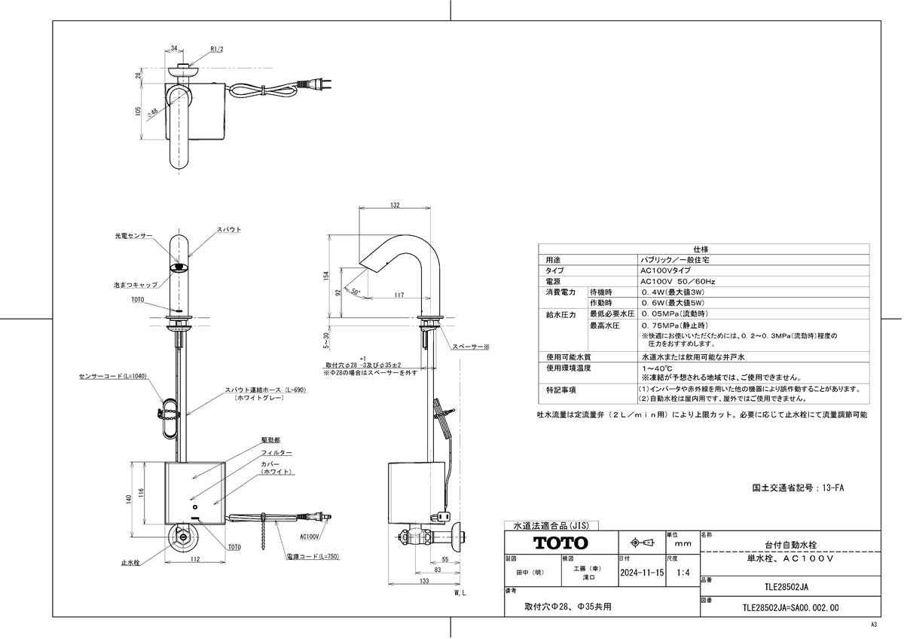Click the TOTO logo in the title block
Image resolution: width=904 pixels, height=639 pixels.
[560, 543]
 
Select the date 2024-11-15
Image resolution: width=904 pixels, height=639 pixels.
[641, 573]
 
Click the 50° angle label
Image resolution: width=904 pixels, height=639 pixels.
[356, 291]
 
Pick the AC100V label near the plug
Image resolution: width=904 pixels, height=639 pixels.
[310, 537]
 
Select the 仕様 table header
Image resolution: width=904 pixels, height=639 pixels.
[701, 249]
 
